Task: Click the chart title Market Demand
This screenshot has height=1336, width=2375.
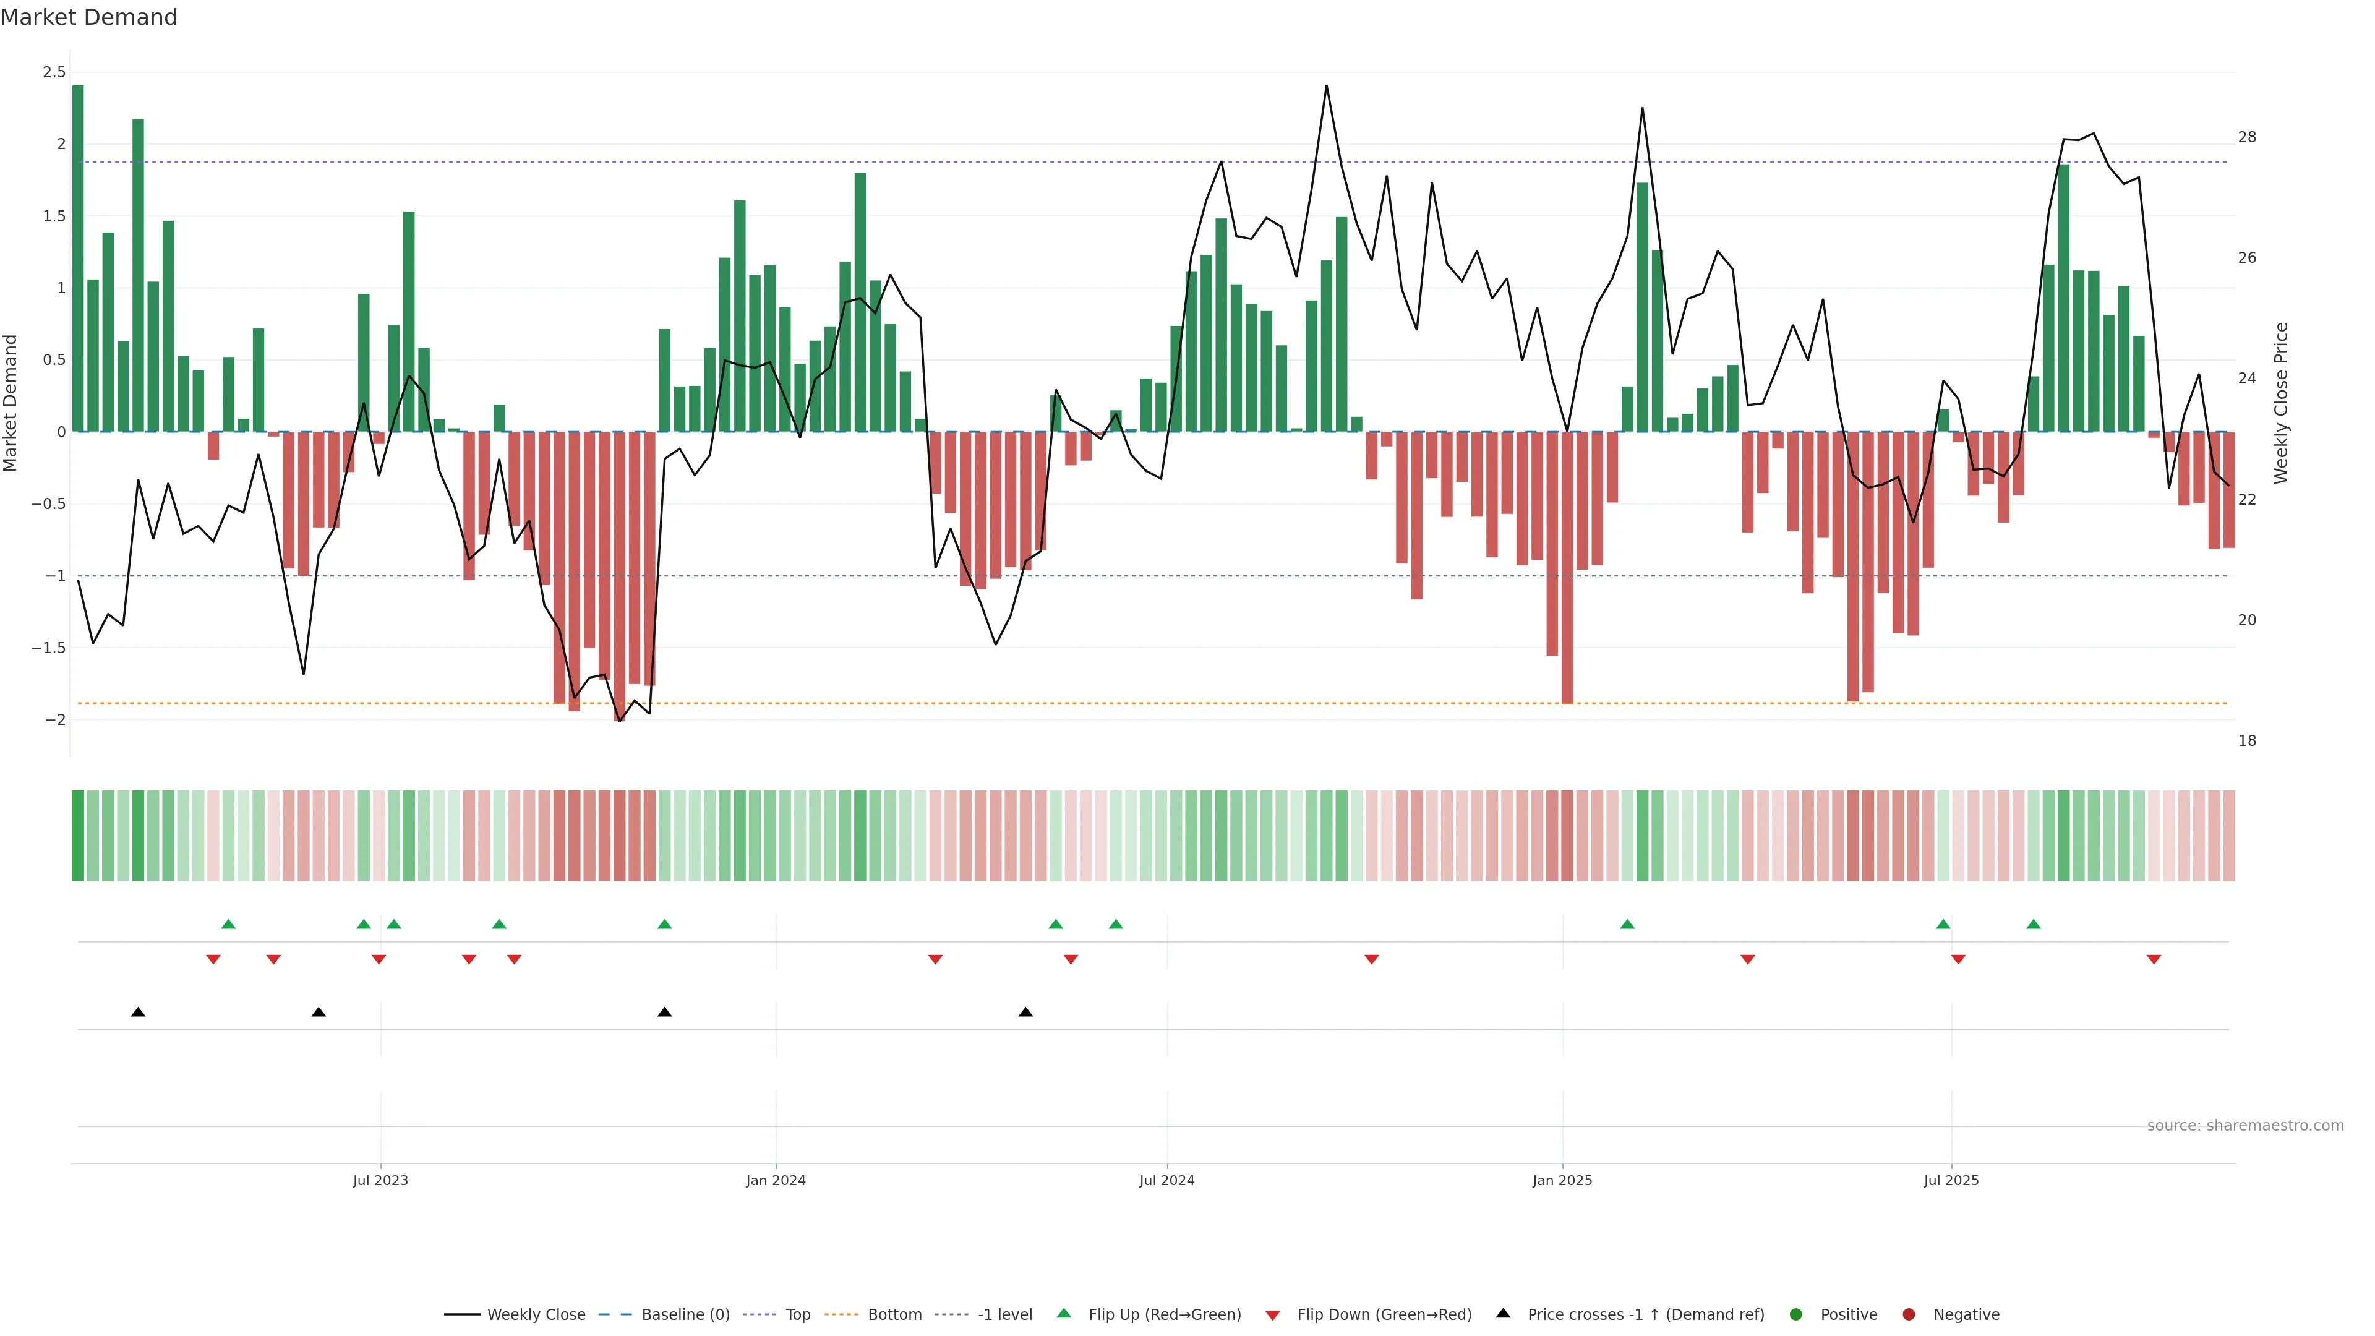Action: pos(88,17)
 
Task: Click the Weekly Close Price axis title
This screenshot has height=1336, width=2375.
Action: pos(2281,403)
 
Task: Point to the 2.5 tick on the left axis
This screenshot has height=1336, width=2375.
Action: pos(54,72)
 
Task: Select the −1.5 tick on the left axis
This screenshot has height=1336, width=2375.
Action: pos(49,648)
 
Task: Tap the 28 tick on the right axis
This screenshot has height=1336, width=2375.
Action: pos(2247,137)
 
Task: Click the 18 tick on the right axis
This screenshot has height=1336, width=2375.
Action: pos(2247,740)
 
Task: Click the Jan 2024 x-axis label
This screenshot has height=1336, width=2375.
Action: pos(776,1180)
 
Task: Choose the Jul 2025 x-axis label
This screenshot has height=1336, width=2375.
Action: pos(1951,1180)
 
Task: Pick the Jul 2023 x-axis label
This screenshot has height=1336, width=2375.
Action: pos(380,1180)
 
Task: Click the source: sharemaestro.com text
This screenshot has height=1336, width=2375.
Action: pos(2245,1126)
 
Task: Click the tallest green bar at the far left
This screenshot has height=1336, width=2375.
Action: pos(79,258)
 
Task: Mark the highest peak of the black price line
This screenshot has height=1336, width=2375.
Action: pos(1326,87)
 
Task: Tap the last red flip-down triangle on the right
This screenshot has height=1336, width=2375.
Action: pos(2154,960)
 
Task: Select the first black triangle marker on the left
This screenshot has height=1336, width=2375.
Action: pos(139,1013)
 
